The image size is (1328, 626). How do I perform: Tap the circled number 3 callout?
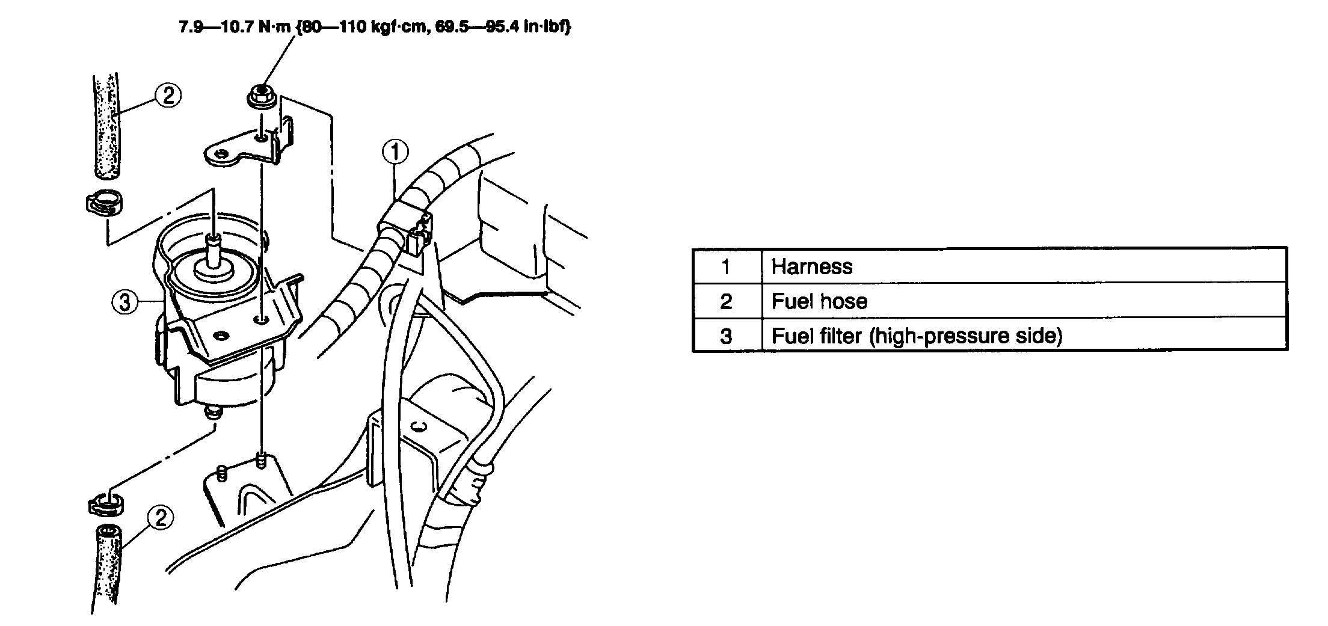pyautogui.click(x=124, y=302)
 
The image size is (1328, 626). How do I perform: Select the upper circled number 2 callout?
pyautogui.click(x=168, y=95)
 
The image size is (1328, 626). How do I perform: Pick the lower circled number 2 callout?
pyautogui.click(x=160, y=518)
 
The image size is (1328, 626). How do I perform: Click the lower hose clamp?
pyautogui.click(x=105, y=503)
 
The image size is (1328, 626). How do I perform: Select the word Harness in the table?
pyautogui.click(x=812, y=266)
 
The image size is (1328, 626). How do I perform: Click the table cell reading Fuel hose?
pyautogui.click(x=819, y=301)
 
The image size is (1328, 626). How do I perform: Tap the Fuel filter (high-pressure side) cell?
pyautogui.click(x=917, y=336)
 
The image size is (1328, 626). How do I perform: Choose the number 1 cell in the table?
pyautogui.click(x=726, y=266)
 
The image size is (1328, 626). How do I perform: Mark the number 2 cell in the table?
pyautogui.click(x=726, y=301)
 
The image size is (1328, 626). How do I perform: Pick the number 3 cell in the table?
pyautogui.click(x=726, y=336)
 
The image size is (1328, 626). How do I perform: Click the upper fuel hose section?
pyautogui.click(x=106, y=126)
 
